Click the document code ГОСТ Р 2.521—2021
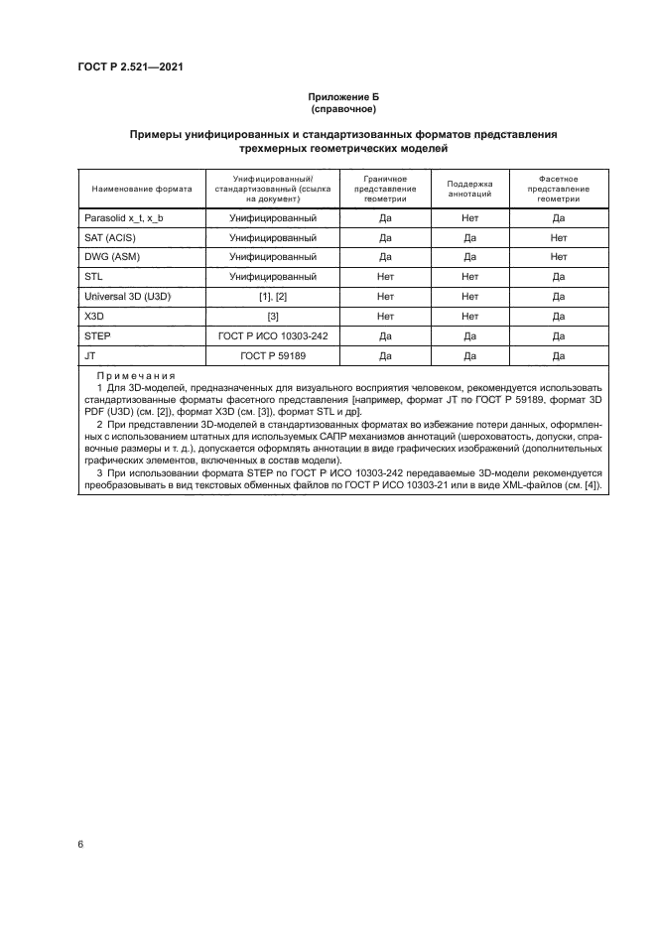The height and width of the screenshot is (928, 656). pos(131,67)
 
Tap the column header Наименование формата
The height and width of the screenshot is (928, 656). pos(141,188)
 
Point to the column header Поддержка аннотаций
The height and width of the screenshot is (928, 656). pos(470,188)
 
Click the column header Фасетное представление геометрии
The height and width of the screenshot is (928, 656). pos(558,188)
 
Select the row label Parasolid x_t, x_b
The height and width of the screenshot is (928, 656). pos(127,217)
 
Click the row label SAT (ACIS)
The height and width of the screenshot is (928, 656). pos(111,237)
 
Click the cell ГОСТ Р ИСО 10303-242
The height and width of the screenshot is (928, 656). pos(273,335)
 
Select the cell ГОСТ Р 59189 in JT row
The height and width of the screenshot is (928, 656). pos(273,355)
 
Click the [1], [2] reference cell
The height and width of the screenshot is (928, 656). pos(273,297)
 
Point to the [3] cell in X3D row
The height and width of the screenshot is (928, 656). pos(273,316)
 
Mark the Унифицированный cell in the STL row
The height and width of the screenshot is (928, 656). pos(273,277)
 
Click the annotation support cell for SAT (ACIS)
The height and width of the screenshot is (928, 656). pos(470,237)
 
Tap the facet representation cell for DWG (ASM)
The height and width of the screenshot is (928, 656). pos(558,257)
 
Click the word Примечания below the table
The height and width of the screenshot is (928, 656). pos(136,377)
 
